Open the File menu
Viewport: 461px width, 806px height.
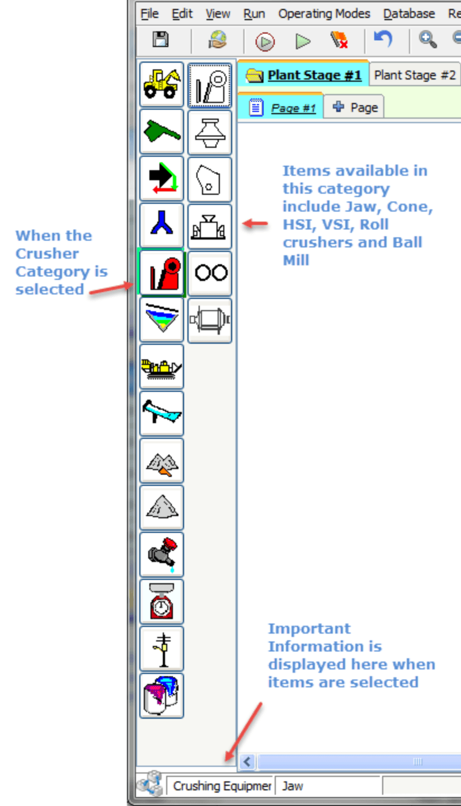149,13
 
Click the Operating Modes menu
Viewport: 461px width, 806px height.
324,13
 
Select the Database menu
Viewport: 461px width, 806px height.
409,13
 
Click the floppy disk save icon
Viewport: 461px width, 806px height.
161,40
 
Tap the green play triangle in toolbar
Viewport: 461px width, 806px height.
303,41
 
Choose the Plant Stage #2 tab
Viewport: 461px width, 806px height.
415,75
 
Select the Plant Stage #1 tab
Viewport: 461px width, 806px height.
305,75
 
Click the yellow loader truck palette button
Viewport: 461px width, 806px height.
162,85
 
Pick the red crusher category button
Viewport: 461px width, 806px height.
162,273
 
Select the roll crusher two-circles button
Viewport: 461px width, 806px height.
210,273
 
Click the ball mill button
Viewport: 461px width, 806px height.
210,320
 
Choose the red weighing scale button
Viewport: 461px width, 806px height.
162,602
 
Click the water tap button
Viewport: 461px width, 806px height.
162,555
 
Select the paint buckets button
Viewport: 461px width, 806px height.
162,696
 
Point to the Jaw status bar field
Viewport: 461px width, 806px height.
327,786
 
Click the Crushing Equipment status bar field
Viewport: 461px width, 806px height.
220,786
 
